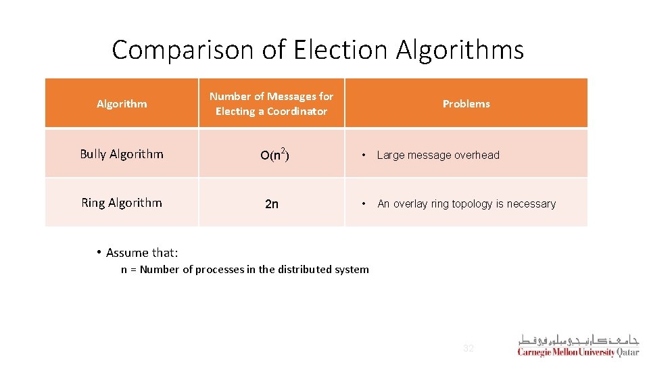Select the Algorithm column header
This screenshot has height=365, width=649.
(122, 103)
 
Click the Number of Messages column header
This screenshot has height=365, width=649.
(271, 97)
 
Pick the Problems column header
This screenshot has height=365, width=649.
(466, 103)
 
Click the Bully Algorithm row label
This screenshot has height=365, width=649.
(122, 154)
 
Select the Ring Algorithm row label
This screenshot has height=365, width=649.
(122, 203)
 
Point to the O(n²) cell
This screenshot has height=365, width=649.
(271, 155)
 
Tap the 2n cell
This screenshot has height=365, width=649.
(271, 204)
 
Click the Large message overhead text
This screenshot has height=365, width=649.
(438, 155)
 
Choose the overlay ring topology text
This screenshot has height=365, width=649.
(466, 204)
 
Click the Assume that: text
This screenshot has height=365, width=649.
(142, 253)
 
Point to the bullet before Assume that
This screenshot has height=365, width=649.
(99, 253)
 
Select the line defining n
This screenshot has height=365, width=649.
(245, 270)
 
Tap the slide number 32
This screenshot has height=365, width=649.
(468, 349)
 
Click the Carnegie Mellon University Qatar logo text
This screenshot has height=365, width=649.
(578, 353)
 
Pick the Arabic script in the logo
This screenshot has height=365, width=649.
(579, 340)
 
